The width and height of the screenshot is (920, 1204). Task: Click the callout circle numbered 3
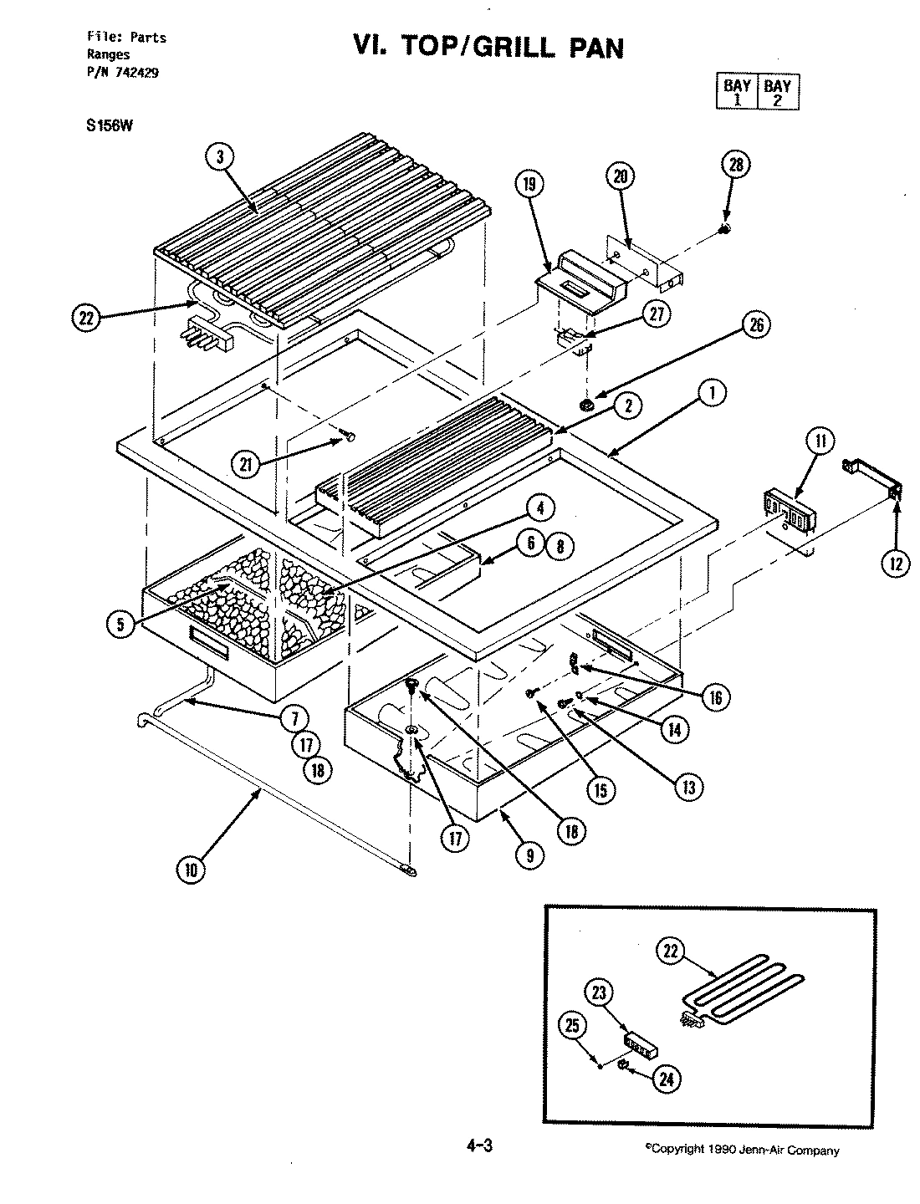pyautogui.click(x=221, y=157)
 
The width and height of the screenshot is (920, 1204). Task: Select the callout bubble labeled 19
pyautogui.click(x=531, y=185)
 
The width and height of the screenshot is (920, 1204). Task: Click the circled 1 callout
pyautogui.click(x=713, y=393)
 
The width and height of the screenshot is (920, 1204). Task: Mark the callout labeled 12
pyautogui.click(x=896, y=564)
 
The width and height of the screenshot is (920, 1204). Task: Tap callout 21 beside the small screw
pyautogui.click(x=247, y=466)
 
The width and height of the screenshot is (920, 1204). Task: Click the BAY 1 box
pyautogui.click(x=737, y=92)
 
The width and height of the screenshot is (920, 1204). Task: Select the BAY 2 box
pyautogui.click(x=777, y=92)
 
